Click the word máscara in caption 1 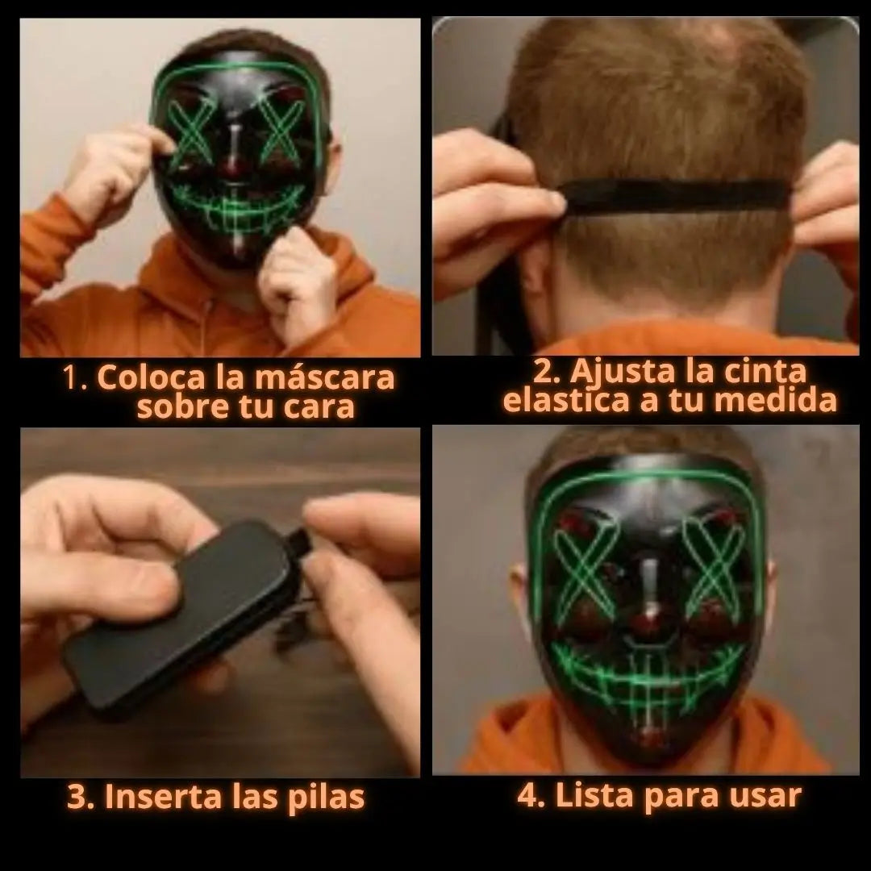tap(325, 378)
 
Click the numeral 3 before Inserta tap(77, 797)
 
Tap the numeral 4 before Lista tap(527, 795)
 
